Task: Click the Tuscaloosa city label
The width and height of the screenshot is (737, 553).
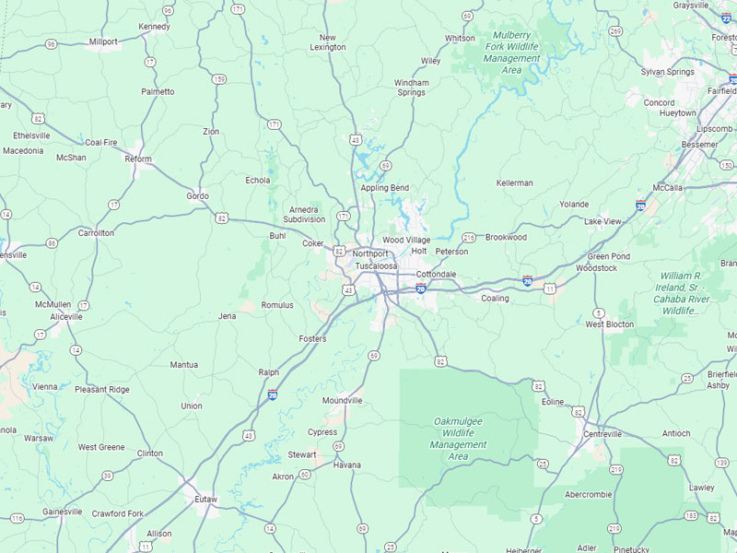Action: [376, 265]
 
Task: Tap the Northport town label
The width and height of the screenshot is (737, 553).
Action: [370, 253]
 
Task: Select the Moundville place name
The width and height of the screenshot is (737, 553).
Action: [342, 401]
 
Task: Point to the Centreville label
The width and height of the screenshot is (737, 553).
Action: [602, 433]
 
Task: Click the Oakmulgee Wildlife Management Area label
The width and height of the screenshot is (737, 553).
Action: [458, 438]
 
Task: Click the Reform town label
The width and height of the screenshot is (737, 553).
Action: [138, 159]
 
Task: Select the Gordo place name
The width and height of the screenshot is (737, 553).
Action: [197, 195]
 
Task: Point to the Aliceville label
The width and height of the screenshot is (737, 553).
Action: [65, 316]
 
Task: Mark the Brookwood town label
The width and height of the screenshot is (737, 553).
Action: [506, 237]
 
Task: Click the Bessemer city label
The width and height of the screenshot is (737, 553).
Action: [698, 145]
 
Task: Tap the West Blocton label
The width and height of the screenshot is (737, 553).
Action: [610, 324]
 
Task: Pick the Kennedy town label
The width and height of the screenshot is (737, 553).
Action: [154, 27]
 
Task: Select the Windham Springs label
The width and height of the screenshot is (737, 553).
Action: [412, 88]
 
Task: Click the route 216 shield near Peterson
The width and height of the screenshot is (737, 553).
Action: [468, 238]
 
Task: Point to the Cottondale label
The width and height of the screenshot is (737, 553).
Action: [436, 275]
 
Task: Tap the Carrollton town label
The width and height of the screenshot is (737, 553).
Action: [96, 233]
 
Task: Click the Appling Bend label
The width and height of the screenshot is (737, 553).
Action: [384, 188]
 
